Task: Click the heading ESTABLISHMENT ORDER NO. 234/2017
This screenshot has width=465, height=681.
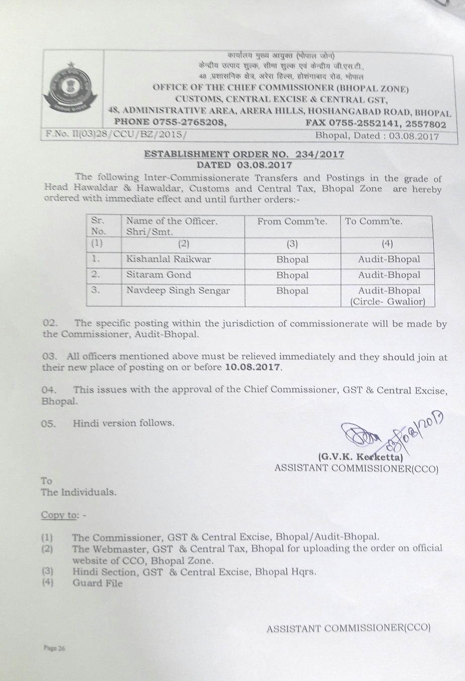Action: tap(245, 154)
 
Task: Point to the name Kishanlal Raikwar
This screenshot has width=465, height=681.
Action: tap(169, 260)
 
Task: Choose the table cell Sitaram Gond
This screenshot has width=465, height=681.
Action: tap(159, 275)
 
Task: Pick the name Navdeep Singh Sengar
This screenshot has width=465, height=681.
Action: tap(178, 290)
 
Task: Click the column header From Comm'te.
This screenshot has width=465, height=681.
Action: tap(292, 221)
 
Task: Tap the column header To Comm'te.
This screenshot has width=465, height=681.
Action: tap(374, 221)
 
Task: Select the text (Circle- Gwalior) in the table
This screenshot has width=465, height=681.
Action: tap(387, 302)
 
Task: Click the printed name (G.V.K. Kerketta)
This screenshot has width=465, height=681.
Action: tap(361, 458)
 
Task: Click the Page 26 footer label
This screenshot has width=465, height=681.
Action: tap(54, 649)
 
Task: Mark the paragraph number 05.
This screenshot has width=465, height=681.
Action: tap(48, 424)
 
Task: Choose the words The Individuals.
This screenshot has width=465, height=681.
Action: tap(79, 492)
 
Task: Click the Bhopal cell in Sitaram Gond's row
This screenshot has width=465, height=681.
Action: tap(292, 275)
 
